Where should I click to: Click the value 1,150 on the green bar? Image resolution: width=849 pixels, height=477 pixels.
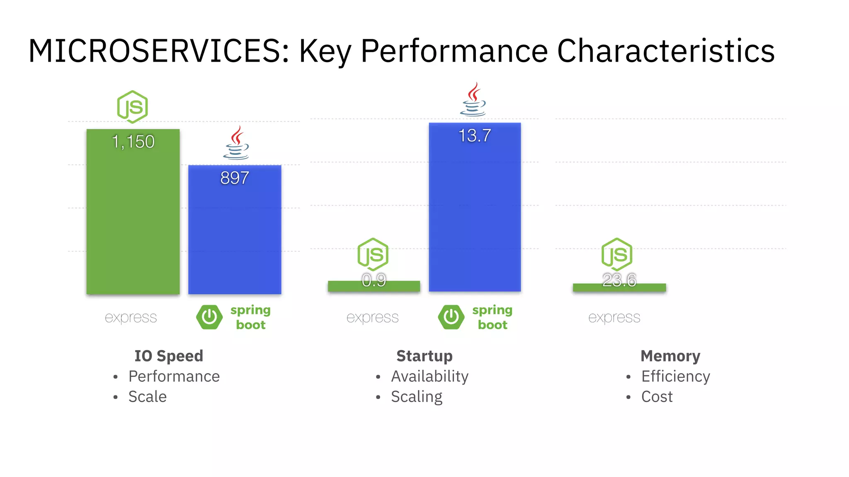[133, 142]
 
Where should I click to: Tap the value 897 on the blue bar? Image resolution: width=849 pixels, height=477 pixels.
[235, 178]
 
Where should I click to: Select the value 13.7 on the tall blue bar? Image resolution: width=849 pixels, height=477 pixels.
[475, 136]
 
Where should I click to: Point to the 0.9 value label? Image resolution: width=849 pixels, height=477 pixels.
[374, 280]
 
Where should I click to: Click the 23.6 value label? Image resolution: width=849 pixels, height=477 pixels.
[619, 280]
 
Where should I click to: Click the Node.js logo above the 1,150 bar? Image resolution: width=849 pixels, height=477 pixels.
[132, 107]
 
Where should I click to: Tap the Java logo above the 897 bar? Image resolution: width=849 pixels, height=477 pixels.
[236, 143]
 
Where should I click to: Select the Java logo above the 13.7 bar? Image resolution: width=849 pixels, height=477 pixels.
[473, 99]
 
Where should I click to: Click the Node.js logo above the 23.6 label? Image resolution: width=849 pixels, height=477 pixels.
[617, 254]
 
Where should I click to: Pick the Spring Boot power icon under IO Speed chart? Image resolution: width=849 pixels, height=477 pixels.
[209, 317]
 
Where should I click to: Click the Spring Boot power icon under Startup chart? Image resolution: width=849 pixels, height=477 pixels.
[451, 317]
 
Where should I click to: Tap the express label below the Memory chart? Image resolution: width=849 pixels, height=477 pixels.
[614, 318]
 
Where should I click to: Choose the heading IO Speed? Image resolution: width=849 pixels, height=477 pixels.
[169, 356]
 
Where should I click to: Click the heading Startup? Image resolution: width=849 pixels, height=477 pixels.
[424, 356]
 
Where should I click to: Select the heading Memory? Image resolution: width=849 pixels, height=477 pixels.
[670, 356]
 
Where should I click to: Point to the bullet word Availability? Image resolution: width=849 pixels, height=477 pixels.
[429, 376]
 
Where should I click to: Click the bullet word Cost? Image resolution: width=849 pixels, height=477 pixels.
[657, 397]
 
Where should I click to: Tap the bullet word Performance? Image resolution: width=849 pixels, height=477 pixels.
[174, 376]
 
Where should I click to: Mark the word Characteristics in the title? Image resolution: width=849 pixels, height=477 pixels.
[666, 51]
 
